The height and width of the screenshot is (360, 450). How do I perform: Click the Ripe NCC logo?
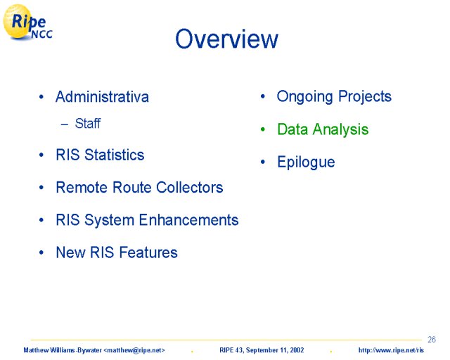[27, 22]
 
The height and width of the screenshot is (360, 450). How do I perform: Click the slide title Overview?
[226, 39]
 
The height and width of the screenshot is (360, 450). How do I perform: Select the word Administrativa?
[102, 96]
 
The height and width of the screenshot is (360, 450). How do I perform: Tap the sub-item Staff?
[87, 124]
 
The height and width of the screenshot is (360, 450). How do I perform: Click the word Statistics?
[114, 155]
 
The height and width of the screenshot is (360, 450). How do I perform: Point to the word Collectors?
[190, 188]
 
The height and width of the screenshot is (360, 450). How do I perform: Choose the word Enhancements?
[188, 220]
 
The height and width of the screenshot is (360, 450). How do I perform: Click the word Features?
[148, 252]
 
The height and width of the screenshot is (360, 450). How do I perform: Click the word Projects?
[365, 97]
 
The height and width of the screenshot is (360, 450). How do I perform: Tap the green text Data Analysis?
[323, 129]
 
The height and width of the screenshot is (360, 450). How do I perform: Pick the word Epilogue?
[306, 162]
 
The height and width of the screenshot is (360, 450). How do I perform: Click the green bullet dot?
[262, 129]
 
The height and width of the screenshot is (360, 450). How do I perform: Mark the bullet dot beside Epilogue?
[262, 162]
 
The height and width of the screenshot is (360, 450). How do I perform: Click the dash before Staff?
[65, 124]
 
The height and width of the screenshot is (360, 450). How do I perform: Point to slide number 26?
[431, 340]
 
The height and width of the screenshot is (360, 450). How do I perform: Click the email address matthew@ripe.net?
[134, 350]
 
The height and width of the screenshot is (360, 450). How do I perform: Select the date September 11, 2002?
[275, 350]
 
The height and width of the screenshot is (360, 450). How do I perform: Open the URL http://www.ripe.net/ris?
[391, 350]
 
